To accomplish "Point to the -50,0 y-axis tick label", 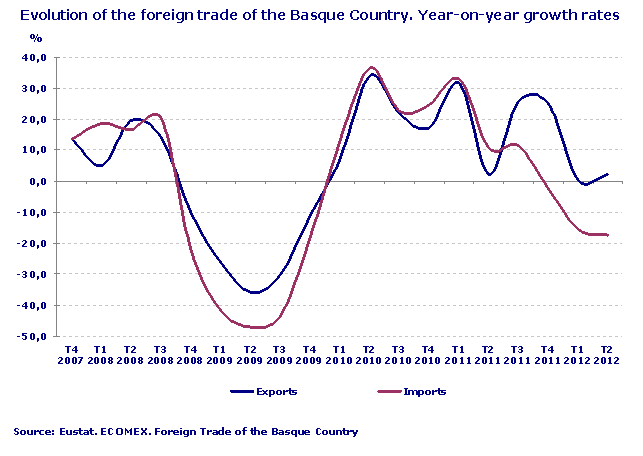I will pos(36,337).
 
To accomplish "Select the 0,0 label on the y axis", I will pos(41,181).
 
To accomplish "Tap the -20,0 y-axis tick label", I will pos(36,243).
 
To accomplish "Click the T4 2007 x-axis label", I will pos(72,355).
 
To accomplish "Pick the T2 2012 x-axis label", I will pos(606,355).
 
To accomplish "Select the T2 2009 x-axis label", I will pos(250,355).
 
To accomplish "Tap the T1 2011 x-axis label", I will pos(457,355).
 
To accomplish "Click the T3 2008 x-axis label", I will pos(160,355).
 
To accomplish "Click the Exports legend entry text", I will pos(278,392).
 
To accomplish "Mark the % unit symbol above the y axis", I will pos(35,37).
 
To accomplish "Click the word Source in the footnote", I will pos(33,432).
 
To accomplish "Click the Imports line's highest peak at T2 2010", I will pos(372,68).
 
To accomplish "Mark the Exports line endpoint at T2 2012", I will pos(607,174).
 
